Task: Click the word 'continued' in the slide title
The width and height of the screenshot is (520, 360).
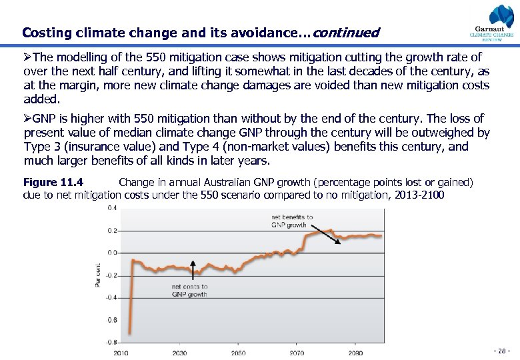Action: click(345, 33)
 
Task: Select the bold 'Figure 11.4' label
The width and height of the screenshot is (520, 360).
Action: click(53, 182)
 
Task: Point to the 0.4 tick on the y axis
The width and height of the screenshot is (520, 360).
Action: click(113, 209)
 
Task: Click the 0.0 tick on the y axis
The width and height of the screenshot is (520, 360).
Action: click(113, 253)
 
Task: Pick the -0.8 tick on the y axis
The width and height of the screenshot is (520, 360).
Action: click(112, 342)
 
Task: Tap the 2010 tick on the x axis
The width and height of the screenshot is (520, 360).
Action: click(121, 353)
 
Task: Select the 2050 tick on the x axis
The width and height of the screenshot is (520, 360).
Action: click(238, 353)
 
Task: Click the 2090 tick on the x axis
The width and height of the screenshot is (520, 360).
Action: click(355, 353)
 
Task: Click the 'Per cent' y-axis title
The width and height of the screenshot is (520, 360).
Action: click(98, 275)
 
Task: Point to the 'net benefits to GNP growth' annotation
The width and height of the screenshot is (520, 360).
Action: click(292, 221)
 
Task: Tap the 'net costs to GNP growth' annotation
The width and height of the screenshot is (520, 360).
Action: click(189, 290)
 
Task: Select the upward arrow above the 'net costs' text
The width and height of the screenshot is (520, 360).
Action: click(193, 269)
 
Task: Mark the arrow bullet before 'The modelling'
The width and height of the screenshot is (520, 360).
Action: click(28, 58)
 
